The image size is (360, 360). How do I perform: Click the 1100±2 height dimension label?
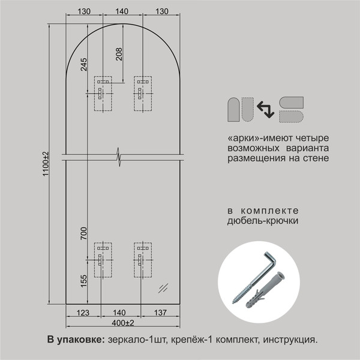pyautogui.click(x=46, y=164)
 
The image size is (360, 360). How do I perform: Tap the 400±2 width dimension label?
pyautogui.click(x=123, y=323)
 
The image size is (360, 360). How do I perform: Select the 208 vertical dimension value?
pyautogui.click(x=119, y=54)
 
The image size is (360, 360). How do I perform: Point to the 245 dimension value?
pyautogui.click(x=83, y=64)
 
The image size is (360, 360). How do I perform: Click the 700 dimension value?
pyautogui.click(x=83, y=233)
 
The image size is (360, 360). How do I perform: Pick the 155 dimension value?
pyautogui.click(x=83, y=281)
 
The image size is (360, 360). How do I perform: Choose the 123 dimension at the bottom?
pyautogui.click(x=83, y=313)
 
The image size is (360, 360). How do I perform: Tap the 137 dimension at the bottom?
pyautogui.click(x=160, y=313)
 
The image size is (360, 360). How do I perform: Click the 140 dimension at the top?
pyautogui.click(x=122, y=11)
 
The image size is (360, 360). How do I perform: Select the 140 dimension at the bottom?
pyautogui.click(x=119, y=313)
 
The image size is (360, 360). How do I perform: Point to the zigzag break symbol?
pyautogui.click(x=119, y=157)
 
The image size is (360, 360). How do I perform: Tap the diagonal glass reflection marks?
pyautogui.click(x=163, y=289)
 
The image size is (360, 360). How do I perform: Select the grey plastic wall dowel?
pyautogui.click(x=266, y=290)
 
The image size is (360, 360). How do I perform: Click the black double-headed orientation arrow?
pyautogui.click(x=266, y=110)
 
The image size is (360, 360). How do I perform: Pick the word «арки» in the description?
pyautogui.click(x=244, y=138)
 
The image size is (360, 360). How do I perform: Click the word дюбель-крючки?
pyautogui.click(x=263, y=221)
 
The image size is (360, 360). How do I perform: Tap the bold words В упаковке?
pyautogui.click(x=76, y=340)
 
